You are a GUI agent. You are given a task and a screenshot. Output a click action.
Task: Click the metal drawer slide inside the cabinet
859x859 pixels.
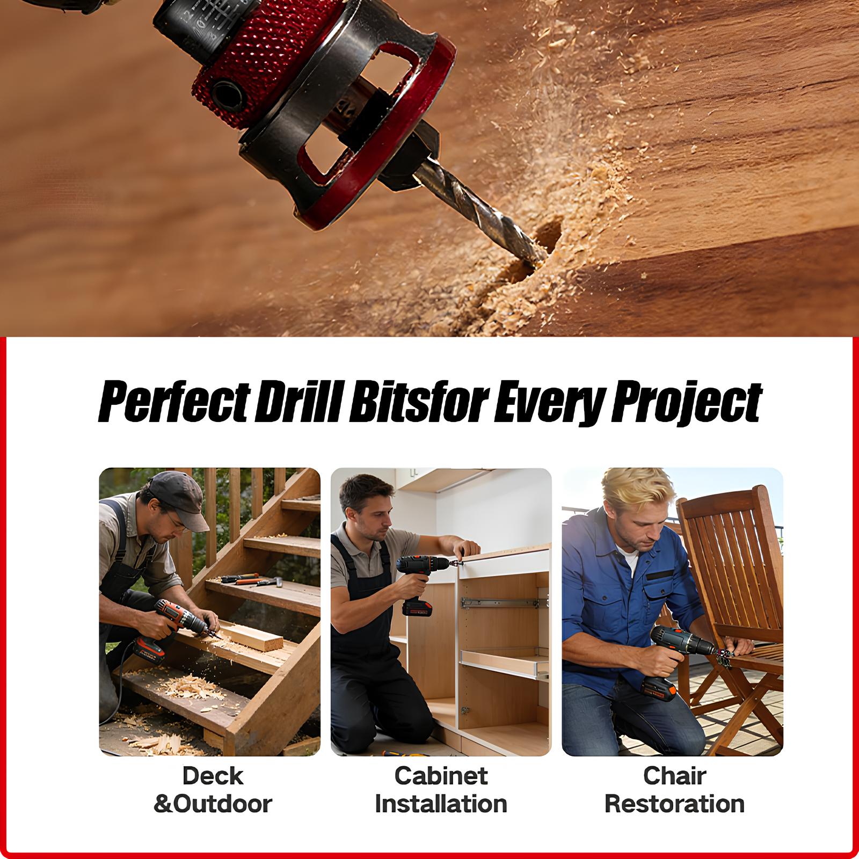[499, 603]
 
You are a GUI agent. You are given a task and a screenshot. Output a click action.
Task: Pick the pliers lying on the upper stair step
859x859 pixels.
[242, 579]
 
